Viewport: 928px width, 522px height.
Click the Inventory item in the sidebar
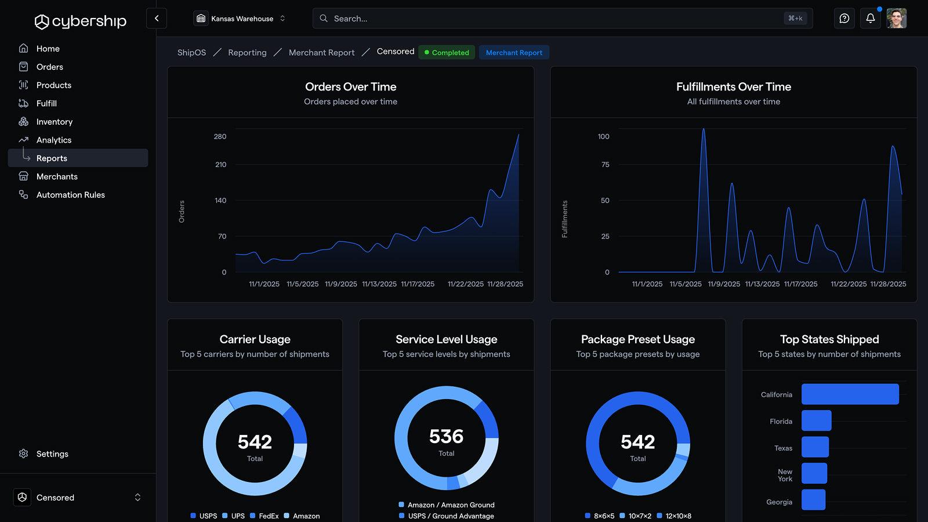54,122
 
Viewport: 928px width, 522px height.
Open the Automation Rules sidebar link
70,195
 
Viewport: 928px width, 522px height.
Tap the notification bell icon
870,19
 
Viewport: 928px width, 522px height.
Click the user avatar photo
896,19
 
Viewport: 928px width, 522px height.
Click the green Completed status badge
446,53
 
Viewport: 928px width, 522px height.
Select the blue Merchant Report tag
514,53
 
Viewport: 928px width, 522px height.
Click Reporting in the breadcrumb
247,53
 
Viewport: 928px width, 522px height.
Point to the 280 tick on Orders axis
220,137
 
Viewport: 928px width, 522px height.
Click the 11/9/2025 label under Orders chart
341,284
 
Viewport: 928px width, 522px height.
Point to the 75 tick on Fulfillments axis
605,165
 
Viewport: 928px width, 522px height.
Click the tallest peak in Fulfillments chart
704,130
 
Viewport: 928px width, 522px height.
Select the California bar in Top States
850,394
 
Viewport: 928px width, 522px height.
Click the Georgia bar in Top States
813,500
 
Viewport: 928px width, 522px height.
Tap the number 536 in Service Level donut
446,436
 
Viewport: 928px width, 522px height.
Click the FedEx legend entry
264,516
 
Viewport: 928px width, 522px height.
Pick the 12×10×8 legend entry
674,516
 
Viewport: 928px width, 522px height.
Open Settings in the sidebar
52,454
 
